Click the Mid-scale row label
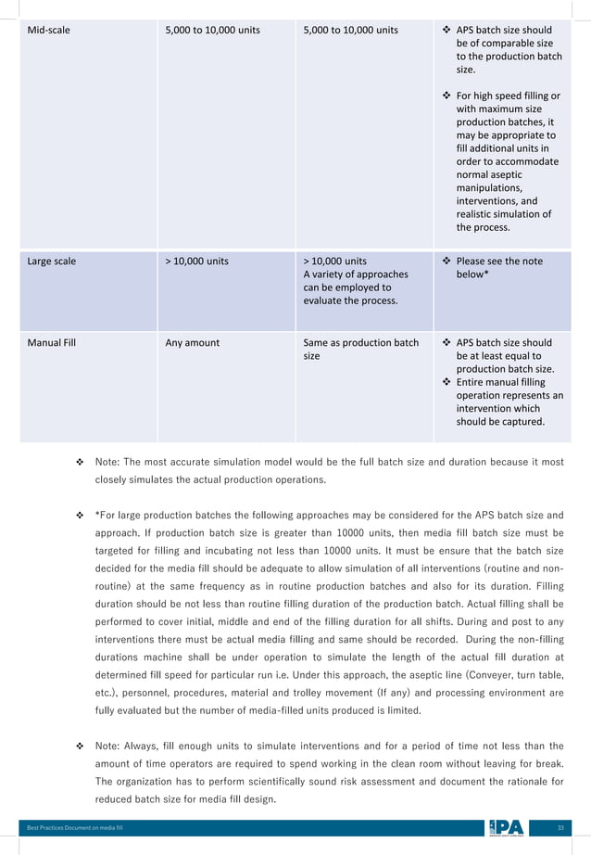(x=49, y=30)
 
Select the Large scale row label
(x=52, y=262)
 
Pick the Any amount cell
(x=192, y=343)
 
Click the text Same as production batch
(x=361, y=343)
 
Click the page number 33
(x=560, y=827)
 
